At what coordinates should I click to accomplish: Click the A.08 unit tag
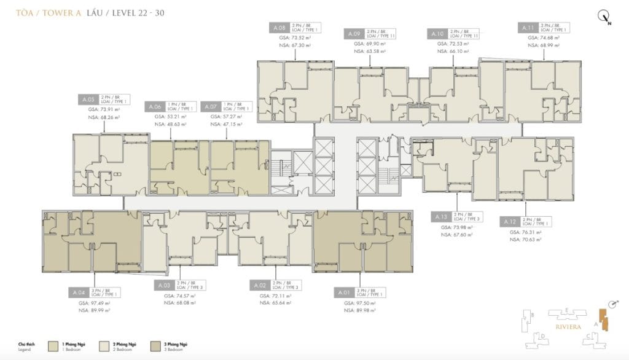[x=278, y=28]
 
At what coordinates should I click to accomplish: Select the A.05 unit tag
[x=88, y=99]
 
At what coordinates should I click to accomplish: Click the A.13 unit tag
[x=440, y=217]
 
